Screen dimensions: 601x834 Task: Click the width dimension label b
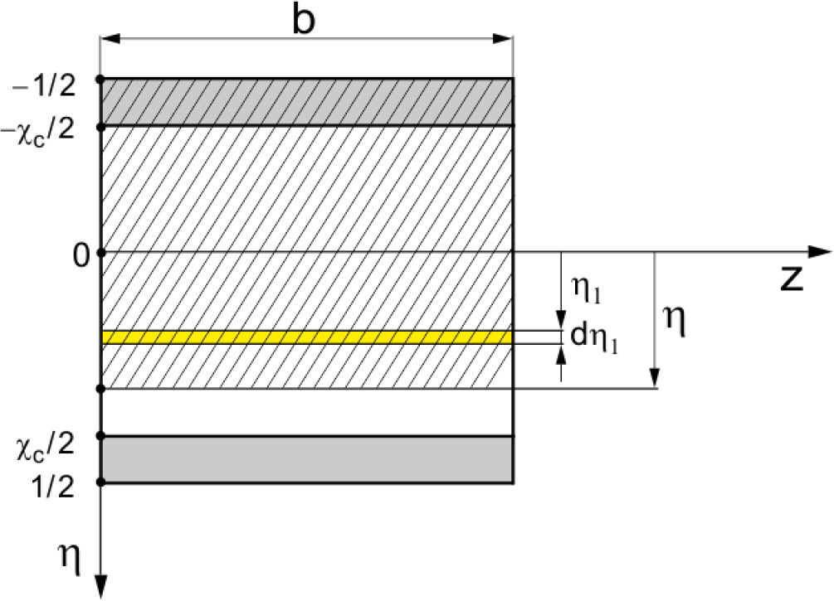pos(305,20)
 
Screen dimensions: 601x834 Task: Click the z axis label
pos(792,281)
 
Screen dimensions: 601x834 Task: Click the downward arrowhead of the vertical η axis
pos(100,586)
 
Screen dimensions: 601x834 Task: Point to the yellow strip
pos(305,337)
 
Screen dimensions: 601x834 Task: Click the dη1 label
pos(592,337)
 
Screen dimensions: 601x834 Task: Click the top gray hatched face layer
pos(305,102)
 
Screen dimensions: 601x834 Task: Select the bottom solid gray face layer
pos(305,458)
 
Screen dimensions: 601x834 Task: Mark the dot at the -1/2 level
pos(100,79)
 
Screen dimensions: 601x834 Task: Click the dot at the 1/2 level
pos(100,482)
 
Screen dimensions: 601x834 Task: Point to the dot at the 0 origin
pos(100,251)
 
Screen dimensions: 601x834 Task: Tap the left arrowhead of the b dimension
pos(109,38)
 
